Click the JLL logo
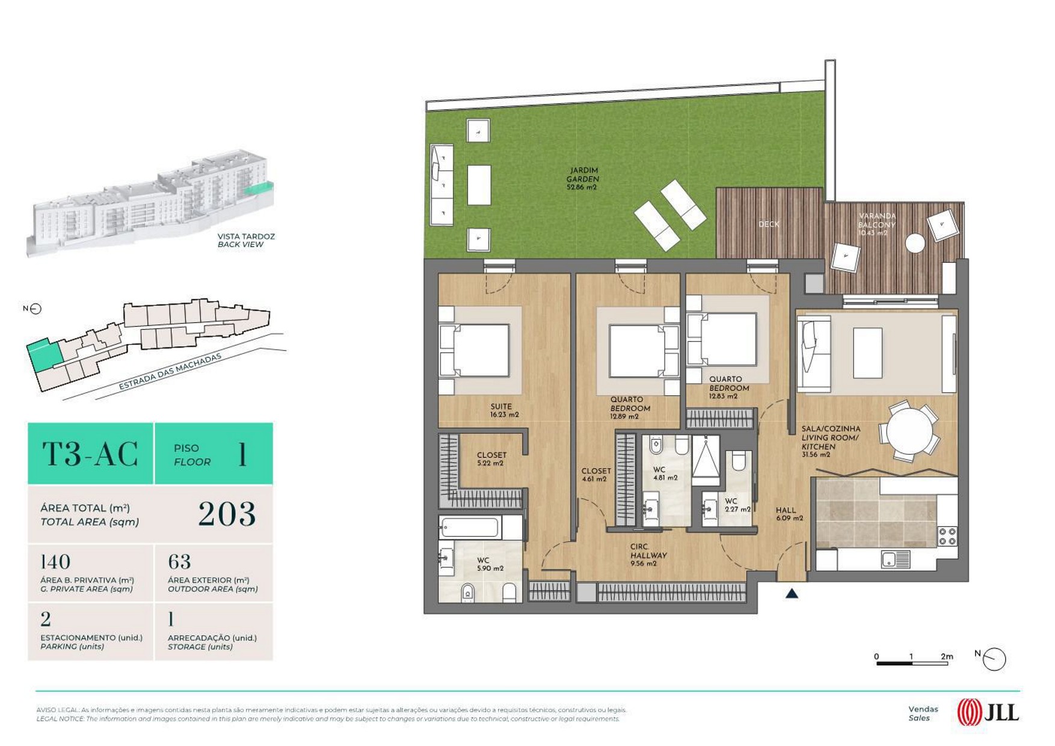point(988,713)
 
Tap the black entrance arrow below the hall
point(792,593)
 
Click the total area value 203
point(227,514)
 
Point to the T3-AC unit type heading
point(90,454)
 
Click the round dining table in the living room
point(909,431)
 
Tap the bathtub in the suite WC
point(469,528)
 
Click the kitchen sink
point(896,559)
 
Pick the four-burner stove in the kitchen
point(947,536)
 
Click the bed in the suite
point(475,351)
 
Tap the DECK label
point(768,224)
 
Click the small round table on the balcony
point(915,244)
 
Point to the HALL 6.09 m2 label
point(789,514)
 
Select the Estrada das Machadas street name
point(170,372)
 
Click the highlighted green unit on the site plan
point(44,355)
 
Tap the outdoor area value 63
point(179,562)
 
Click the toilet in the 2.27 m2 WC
point(739,460)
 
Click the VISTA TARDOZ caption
point(246,236)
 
